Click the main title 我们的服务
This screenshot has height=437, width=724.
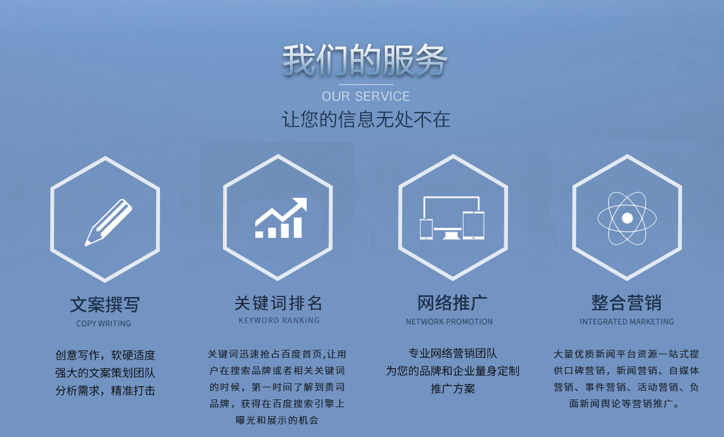pos(365,60)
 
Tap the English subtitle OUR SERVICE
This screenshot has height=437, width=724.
pos(366,97)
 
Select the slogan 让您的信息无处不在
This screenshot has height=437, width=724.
pos(366,120)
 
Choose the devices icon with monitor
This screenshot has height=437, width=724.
pos(452,218)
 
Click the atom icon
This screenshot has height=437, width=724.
pos(627,218)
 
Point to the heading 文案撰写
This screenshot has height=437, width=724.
pos(104,305)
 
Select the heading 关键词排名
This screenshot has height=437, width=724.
pos(278,302)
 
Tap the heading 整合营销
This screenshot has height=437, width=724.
pos(626,302)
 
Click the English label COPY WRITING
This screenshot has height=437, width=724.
pos(104,324)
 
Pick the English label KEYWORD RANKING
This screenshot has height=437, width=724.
pos(279,321)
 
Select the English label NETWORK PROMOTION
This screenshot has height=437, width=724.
pos(449,322)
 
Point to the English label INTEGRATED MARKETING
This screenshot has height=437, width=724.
pos(626,322)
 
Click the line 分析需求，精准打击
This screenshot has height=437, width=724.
pos(105,391)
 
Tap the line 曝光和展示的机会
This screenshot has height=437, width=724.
pos(277,420)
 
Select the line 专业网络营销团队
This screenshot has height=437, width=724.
pos(453,354)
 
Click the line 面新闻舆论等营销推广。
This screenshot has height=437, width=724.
pos(626,403)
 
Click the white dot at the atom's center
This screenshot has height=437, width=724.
pos(627,218)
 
